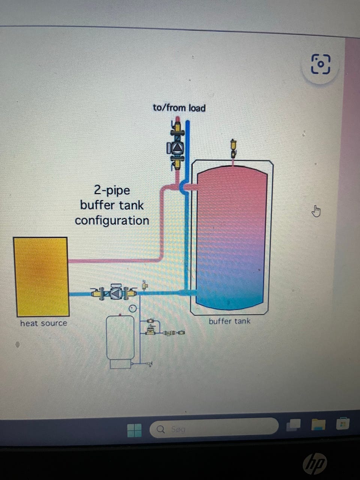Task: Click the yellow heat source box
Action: (x=41, y=277)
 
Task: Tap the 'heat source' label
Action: (x=43, y=323)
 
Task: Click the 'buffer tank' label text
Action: (x=229, y=321)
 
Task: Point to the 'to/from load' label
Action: (x=179, y=108)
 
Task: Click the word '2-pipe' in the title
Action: (x=112, y=190)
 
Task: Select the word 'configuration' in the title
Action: (x=112, y=220)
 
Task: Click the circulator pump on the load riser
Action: (x=176, y=148)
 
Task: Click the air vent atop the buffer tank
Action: (x=234, y=148)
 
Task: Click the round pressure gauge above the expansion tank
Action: (x=132, y=309)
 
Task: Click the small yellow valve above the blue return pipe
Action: (x=144, y=286)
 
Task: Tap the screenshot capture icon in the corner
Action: (x=321, y=64)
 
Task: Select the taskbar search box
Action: (x=214, y=428)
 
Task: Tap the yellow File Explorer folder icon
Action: (x=318, y=425)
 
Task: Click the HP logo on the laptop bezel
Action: (x=315, y=463)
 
